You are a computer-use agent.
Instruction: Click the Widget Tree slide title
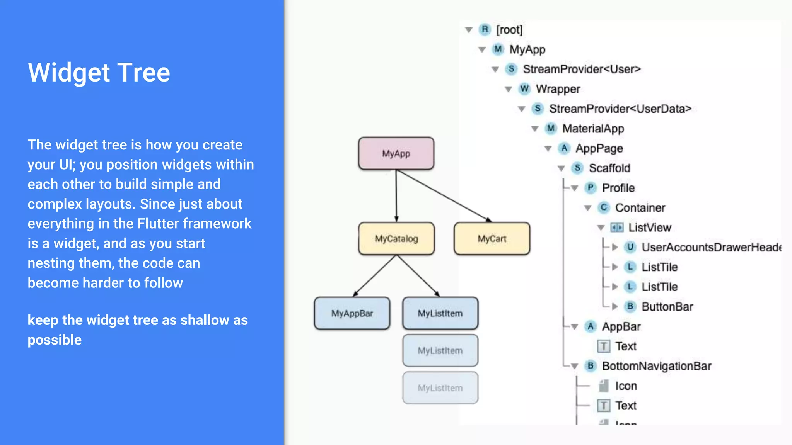[99, 73]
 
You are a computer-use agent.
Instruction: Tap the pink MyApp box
[396, 154]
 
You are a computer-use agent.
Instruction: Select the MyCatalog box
[396, 239]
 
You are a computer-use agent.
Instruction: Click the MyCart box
[492, 239]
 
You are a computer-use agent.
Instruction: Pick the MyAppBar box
[352, 313]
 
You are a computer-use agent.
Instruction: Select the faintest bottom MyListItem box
[440, 388]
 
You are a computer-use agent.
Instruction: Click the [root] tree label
[509, 30]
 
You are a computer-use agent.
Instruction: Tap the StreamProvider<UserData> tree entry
[620, 109]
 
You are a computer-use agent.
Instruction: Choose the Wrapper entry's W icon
[524, 89]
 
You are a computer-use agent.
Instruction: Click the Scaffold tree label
[609, 168]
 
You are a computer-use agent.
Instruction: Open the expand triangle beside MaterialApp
[535, 129]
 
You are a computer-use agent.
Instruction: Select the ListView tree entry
[650, 228]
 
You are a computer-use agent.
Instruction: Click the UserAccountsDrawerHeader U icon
[630, 247]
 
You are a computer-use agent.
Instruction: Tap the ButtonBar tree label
[667, 307]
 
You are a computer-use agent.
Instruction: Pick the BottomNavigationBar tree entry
[656, 366]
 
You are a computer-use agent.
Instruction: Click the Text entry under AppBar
[626, 346]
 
